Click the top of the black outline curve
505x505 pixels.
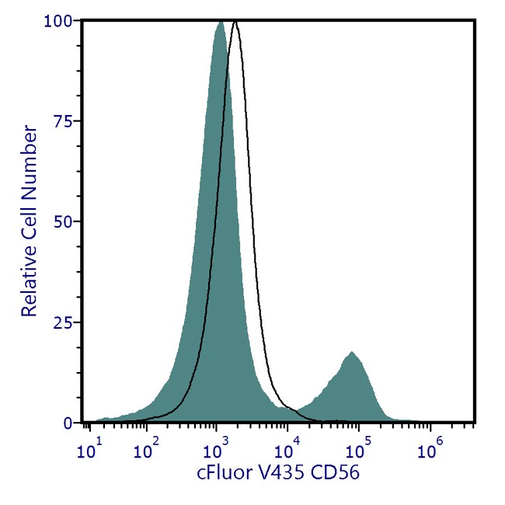235,22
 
